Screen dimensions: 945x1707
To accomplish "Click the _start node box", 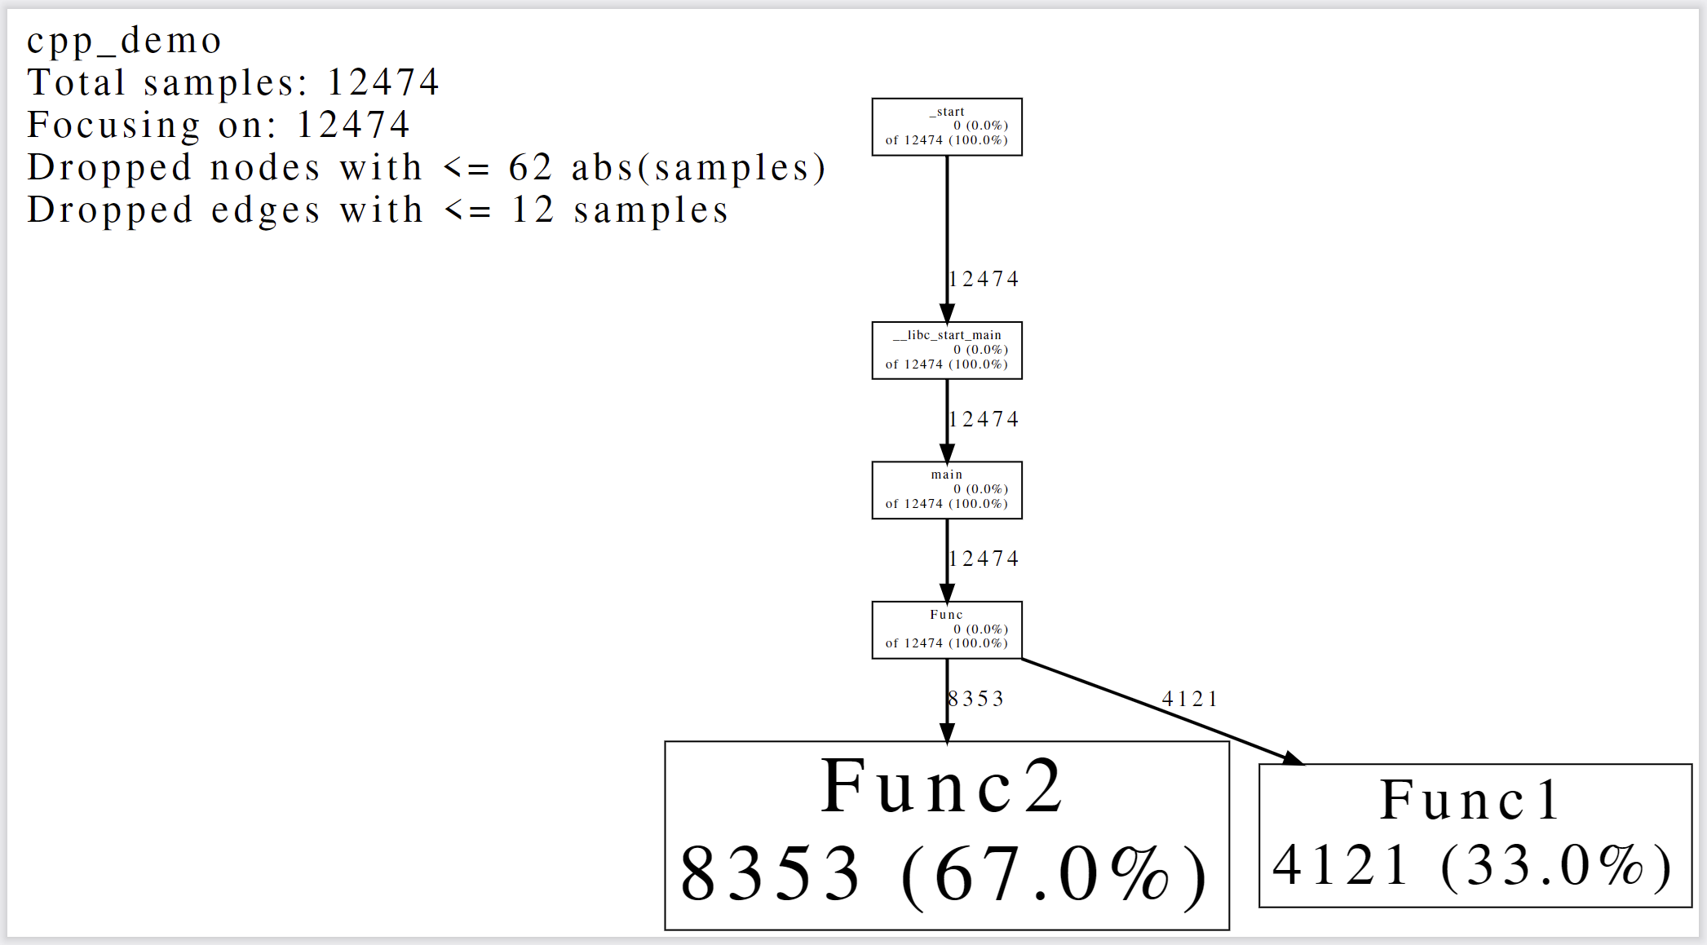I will [946, 126].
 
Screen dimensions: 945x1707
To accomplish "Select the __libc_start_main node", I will [946, 350].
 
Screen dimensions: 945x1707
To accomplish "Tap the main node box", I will [946, 490].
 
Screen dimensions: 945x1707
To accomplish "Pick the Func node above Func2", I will [946, 629].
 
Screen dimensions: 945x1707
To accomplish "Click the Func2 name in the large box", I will [942, 787].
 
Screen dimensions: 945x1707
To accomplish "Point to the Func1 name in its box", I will [1470, 800].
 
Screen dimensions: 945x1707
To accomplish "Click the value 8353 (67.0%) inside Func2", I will [944, 875].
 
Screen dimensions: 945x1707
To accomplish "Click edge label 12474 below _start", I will [984, 279].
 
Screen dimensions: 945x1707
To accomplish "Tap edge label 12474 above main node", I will [984, 419].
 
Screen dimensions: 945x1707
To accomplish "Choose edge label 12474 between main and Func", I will [984, 559].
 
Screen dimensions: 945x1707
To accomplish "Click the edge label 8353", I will [976, 699].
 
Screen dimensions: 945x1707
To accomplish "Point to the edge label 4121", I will [1190, 699].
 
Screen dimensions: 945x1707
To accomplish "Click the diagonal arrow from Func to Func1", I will [1158, 710].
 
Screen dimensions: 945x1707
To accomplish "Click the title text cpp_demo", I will [124, 41].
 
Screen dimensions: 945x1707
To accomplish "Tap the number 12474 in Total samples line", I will [383, 82].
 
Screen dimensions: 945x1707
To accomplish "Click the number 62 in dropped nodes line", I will [530, 167].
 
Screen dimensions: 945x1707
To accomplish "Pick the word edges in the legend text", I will [265, 210].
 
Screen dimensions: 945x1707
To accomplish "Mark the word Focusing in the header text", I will [113, 125].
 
